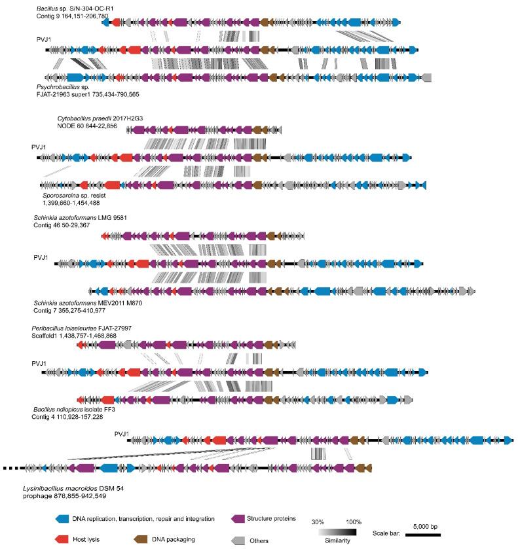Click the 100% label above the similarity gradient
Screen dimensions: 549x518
[x=354, y=522]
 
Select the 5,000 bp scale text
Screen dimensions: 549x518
[x=426, y=525]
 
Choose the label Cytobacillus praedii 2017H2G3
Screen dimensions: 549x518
[x=100, y=118]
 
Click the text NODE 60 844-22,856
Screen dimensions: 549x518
[x=86, y=126]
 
